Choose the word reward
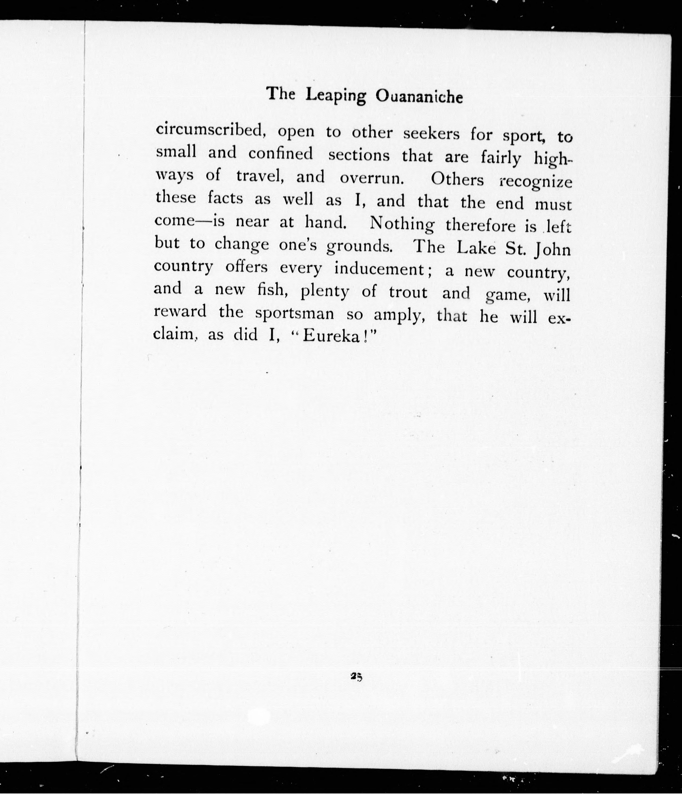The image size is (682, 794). [180, 311]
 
